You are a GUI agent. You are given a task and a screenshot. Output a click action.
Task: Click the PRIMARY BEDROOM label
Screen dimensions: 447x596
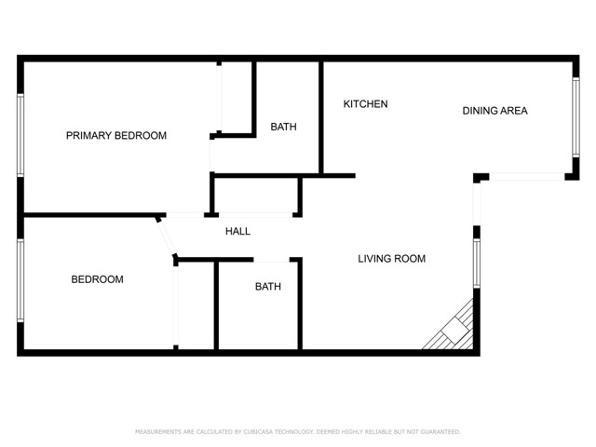116,136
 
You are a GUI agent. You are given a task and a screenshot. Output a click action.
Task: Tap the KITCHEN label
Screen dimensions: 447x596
366,104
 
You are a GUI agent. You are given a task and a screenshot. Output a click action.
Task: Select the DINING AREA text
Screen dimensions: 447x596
495,111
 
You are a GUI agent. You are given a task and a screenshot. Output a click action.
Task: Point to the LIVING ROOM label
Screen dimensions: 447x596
392,259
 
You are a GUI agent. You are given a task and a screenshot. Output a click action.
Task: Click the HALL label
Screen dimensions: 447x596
237,232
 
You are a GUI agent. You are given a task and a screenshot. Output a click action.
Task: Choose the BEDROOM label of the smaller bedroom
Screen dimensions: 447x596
98,279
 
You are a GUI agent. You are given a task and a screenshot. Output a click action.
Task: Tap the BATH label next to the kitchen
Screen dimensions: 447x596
284,127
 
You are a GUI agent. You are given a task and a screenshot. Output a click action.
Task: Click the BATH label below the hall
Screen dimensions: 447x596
268,287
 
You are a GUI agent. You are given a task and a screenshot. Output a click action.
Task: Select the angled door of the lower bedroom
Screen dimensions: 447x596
168,238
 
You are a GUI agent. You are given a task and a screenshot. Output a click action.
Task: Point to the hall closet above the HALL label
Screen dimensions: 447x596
256,197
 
